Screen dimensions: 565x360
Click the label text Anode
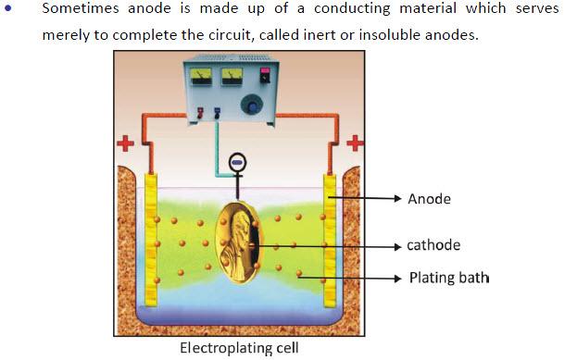[x=429, y=199]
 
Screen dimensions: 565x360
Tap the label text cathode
[x=433, y=245]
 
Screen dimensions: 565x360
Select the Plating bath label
[x=449, y=278]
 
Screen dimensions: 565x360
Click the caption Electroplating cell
[x=239, y=348]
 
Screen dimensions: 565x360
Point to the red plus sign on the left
[x=125, y=144]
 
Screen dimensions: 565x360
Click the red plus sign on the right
[x=355, y=143]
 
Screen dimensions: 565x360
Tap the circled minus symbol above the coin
[x=237, y=163]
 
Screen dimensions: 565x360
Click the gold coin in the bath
[x=239, y=242]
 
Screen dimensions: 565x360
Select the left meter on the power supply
[x=201, y=76]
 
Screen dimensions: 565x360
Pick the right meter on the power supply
[x=232, y=76]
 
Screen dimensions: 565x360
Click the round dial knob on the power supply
[x=252, y=105]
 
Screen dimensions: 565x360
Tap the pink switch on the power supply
[x=265, y=75]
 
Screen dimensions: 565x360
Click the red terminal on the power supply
[x=200, y=113]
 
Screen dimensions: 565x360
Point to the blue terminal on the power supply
[x=218, y=113]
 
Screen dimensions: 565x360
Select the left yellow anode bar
[x=151, y=240]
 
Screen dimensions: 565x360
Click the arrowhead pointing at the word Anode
[x=397, y=198]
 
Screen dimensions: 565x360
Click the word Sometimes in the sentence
[x=81, y=8]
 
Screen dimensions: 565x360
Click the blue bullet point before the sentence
[x=8, y=7]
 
